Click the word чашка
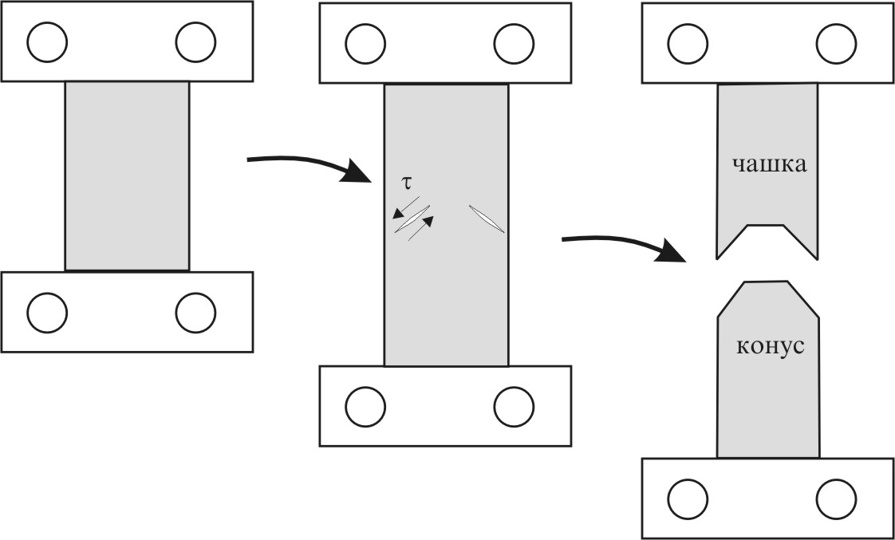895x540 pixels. point(770,164)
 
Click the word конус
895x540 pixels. point(771,346)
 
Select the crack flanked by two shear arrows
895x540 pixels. point(412,219)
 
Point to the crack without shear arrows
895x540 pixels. point(487,219)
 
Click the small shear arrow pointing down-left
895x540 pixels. point(405,207)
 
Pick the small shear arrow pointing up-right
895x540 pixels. point(420,228)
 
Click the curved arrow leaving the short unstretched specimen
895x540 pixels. point(309,165)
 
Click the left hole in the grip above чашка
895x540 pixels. point(688,43)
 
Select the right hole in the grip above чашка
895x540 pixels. point(837,43)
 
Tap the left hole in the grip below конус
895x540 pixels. point(688,499)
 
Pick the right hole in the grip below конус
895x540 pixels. point(837,499)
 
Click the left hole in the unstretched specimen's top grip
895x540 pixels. point(47,42)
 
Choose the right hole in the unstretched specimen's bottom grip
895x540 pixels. point(195,313)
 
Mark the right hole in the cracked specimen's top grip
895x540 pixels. point(515,43)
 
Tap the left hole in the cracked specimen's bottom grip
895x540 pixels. point(365,407)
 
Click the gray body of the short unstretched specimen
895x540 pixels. point(127,175)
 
